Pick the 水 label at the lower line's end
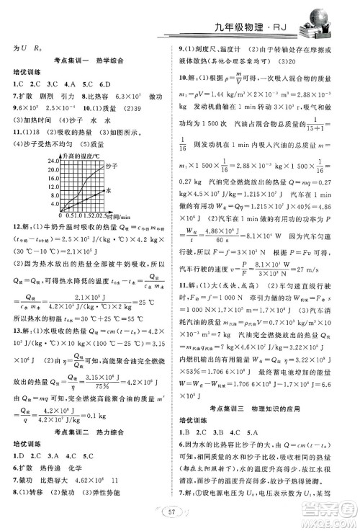[108, 190]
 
